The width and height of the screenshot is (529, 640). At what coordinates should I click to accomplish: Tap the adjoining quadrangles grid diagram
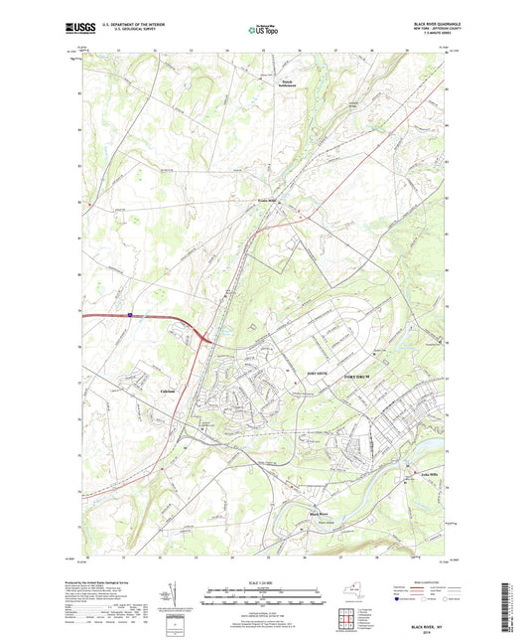[348, 616]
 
